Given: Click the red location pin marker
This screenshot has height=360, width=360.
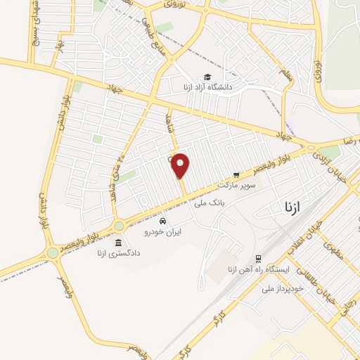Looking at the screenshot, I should [x=181, y=165].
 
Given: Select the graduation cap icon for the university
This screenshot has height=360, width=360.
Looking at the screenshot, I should [x=207, y=77].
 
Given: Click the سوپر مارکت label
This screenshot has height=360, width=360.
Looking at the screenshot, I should [x=237, y=186].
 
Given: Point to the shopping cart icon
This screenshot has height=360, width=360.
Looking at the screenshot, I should [x=237, y=176].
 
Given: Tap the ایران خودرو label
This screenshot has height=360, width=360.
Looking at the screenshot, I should [x=162, y=231].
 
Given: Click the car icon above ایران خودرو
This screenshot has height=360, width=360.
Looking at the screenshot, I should [x=162, y=221].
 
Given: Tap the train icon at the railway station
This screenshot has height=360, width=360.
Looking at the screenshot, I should [x=259, y=259].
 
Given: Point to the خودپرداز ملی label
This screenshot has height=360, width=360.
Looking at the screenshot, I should [x=283, y=288].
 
